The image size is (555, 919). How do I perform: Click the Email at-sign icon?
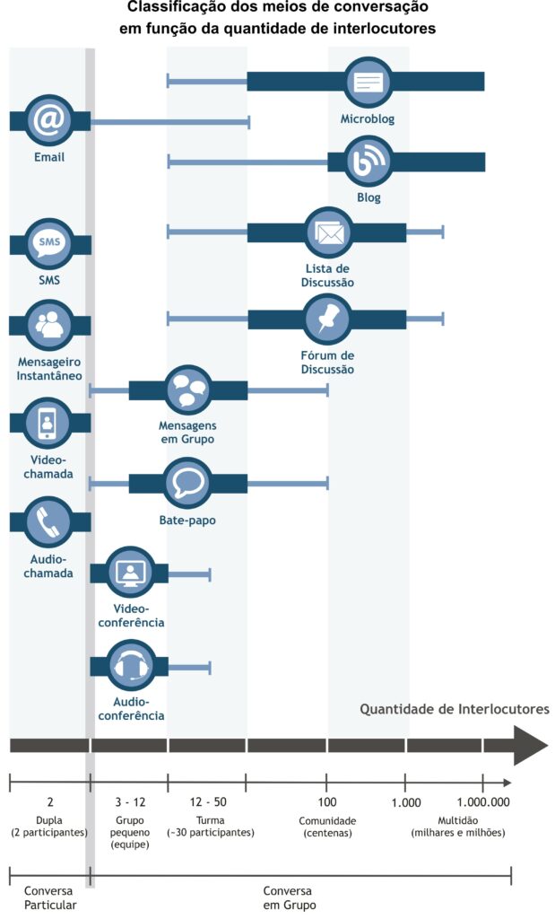tap(49, 121)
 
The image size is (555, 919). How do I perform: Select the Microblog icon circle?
tap(368, 82)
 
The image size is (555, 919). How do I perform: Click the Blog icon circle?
tap(369, 162)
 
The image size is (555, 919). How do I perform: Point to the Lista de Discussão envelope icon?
tap(328, 232)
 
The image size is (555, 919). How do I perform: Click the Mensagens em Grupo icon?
tap(187, 389)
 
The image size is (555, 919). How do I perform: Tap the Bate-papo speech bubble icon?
tap(187, 484)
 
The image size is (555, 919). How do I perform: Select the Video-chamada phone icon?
tap(48, 423)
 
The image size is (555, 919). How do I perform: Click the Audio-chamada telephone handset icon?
tap(48, 521)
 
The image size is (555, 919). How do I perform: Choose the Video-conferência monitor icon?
tap(131, 573)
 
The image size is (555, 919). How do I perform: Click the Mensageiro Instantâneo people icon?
tap(49, 325)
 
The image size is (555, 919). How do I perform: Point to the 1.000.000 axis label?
tap(483, 801)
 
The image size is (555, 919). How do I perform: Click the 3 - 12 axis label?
tap(130, 801)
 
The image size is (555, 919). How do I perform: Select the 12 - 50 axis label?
tap(208, 801)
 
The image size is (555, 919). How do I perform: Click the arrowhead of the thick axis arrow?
tap(531, 745)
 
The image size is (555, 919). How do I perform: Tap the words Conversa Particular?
tap(50, 897)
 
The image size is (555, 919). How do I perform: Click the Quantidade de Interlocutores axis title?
tap(455, 709)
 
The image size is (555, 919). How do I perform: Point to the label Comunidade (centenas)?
tap(327, 827)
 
